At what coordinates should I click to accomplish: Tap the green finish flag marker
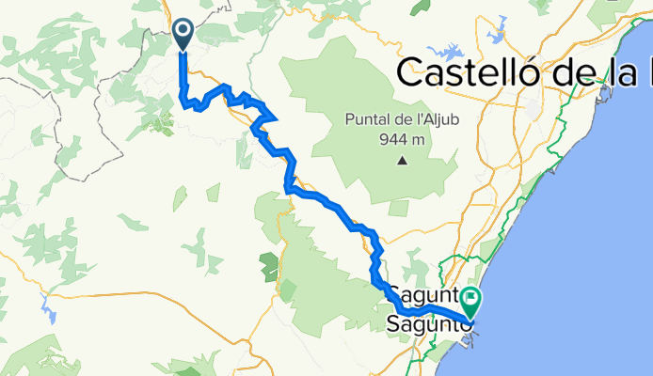470,302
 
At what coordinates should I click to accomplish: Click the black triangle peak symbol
402,160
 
